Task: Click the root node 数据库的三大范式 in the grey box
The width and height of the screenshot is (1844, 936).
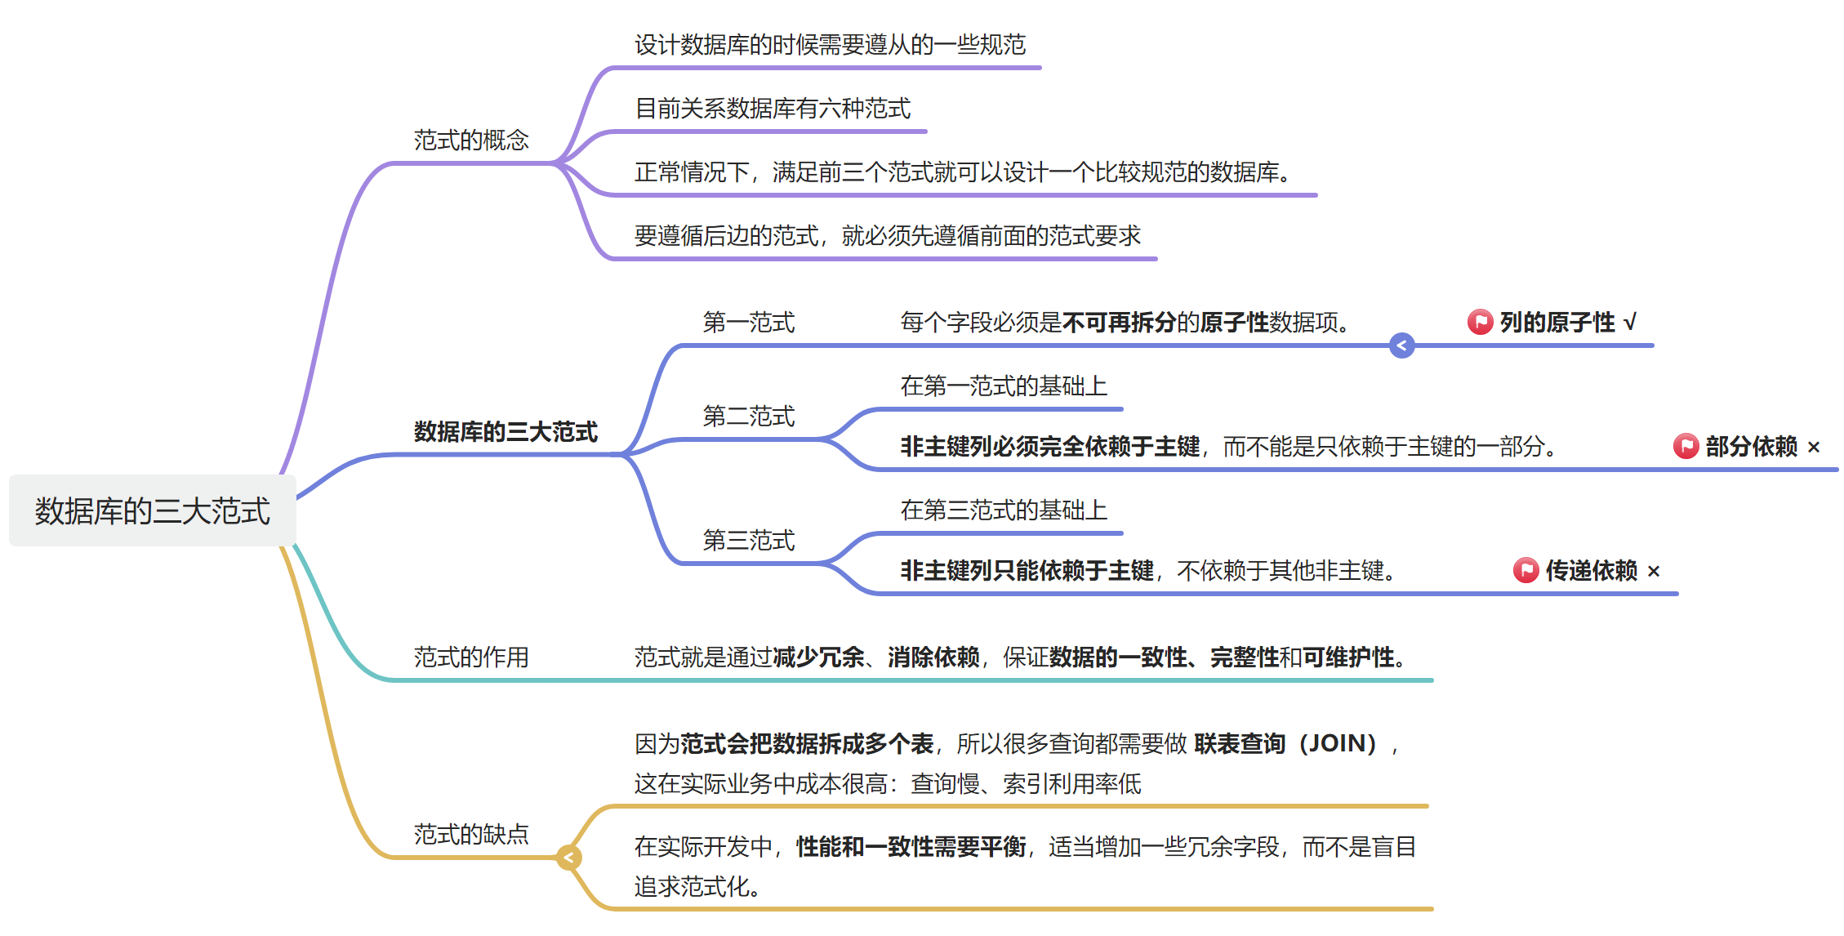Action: (x=152, y=511)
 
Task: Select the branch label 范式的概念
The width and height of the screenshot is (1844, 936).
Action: (x=471, y=140)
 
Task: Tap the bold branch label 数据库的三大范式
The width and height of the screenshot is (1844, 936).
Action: (x=506, y=431)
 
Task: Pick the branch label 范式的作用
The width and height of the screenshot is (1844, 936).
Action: (x=471, y=657)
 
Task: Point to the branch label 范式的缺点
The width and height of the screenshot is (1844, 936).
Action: (x=471, y=834)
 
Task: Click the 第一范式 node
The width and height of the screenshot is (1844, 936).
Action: (x=749, y=323)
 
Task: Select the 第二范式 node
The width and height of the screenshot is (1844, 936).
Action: (x=749, y=417)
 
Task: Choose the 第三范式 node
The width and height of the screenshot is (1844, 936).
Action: (x=749, y=541)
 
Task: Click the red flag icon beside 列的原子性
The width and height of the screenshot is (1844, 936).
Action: (x=1480, y=323)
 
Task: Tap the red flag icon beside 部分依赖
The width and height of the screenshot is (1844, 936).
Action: (x=1686, y=447)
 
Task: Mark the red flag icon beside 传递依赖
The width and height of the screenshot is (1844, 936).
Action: (x=1526, y=571)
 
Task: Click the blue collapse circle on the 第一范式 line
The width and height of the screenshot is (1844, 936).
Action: (x=1401, y=346)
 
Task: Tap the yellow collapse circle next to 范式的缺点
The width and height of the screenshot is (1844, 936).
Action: (x=568, y=858)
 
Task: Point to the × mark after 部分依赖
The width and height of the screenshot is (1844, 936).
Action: (x=1814, y=448)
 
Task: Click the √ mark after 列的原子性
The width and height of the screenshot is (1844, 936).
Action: (x=1630, y=323)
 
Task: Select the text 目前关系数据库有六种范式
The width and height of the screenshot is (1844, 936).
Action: (x=773, y=109)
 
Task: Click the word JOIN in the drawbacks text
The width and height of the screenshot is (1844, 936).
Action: (x=1337, y=744)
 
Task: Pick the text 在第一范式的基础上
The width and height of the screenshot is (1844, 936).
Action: (x=1004, y=386)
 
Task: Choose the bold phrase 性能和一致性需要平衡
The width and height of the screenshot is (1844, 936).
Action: (x=911, y=847)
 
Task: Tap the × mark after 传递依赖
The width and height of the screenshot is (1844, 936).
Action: (x=1654, y=572)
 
